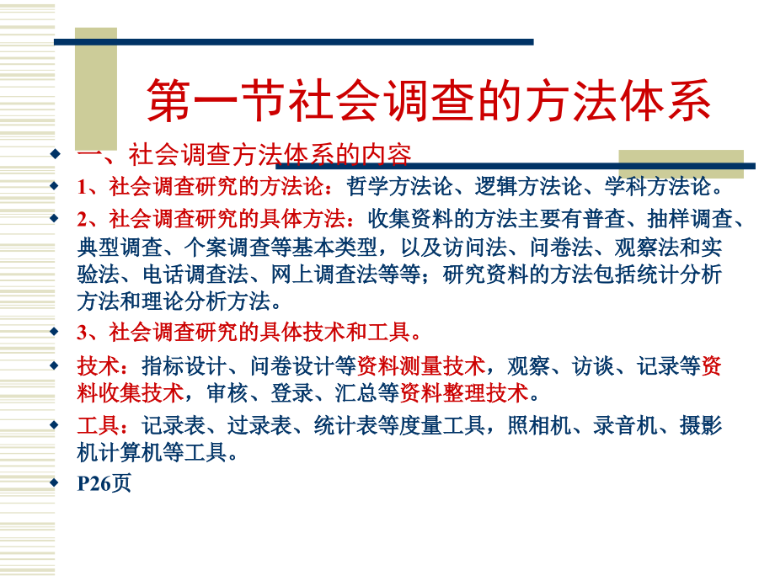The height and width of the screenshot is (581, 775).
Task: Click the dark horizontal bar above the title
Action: pos(295,40)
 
